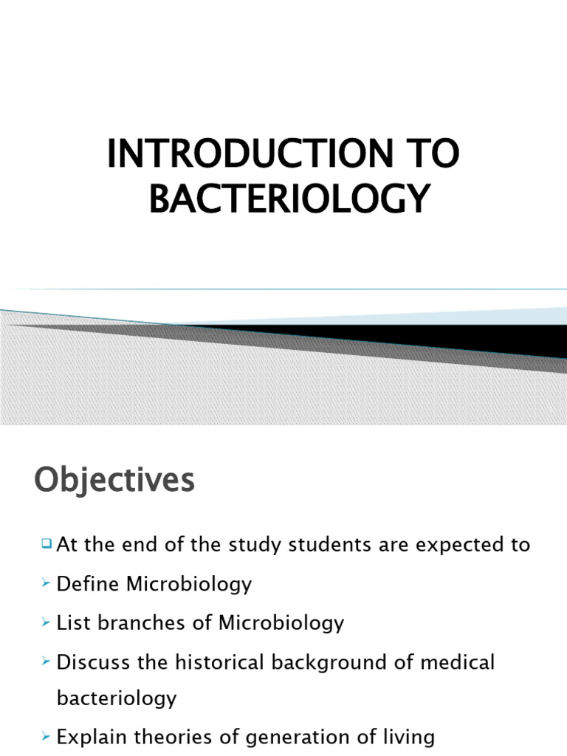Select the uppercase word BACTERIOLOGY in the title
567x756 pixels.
pyautogui.click(x=289, y=198)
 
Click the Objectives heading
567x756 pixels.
pyautogui.click(x=114, y=481)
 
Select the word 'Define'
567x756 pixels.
pyautogui.click(x=88, y=584)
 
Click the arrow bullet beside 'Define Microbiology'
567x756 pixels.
pyautogui.click(x=47, y=585)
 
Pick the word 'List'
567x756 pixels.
pyautogui.click(x=71, y=622)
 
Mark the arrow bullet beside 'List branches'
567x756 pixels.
pyautogui.click(x=47, y=623)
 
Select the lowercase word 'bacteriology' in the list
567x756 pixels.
pyautogui.click(x=117, y=698)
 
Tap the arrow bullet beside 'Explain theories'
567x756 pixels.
pyautogui.click(x=47, y=737)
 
